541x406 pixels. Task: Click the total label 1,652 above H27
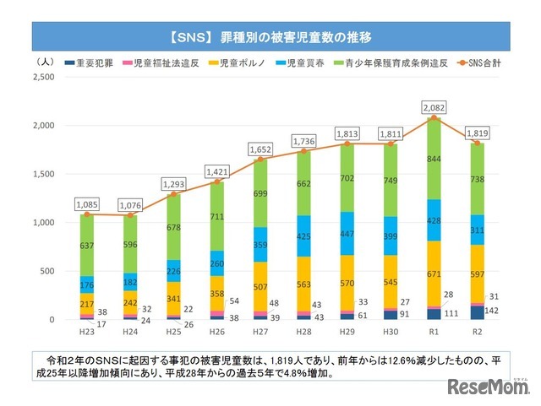click(x=260, y=149)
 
